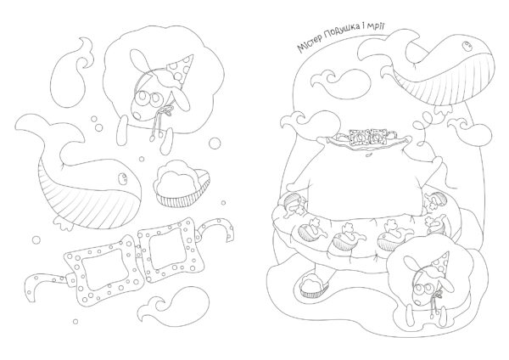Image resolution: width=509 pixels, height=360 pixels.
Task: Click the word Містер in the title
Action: click(x=310, y=44)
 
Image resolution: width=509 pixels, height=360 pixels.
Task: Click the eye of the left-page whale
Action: click(x=123, y=177)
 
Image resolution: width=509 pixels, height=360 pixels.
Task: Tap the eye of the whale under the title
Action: click(x=467, y=46)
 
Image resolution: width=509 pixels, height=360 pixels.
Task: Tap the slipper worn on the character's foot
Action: click(x=314, y=284)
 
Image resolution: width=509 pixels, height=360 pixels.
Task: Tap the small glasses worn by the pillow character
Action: click(x=366, y=137)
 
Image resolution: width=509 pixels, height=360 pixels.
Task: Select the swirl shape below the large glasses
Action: click(x=176, y=304)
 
